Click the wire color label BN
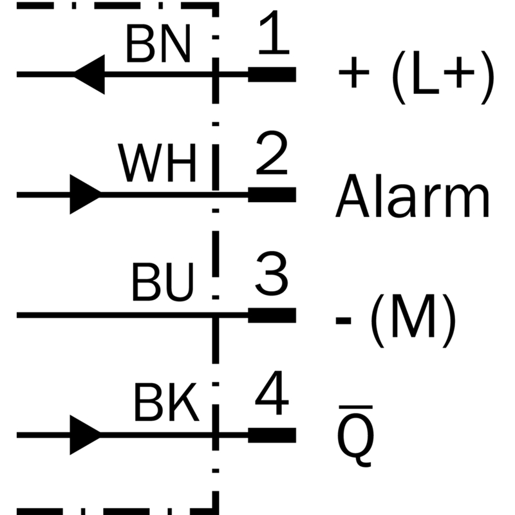point(158,44)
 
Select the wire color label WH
point(157,163)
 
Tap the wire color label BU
point(163,282)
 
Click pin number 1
point(275,32)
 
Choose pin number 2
point(272,153)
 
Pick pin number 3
point(272,274)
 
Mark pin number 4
point(272,393)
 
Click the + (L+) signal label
point(417,77)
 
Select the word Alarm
point(413,196)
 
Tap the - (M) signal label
point(395,320)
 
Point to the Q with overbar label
point(356,436)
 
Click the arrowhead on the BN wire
point(89,75)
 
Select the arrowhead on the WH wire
point(86,194)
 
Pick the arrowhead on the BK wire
point(86,435)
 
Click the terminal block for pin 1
point(272,75)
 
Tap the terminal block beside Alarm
point(272,195)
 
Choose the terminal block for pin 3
point(272,315)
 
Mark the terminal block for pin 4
point(272,435)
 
